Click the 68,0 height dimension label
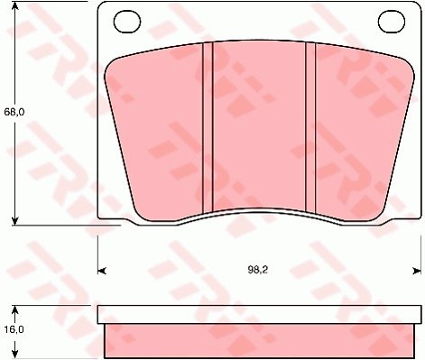[x=14, y=113]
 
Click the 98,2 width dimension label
[x=258, y=270]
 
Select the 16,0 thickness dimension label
[x=14, y=329]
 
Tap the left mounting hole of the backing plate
[x=127, y=22]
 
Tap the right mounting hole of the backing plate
[x=392, y=21]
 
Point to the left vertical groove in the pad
[x=208, y=128]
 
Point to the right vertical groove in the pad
[x=310, y=127]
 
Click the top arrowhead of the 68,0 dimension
[x=14, y=6]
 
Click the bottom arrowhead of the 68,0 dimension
[x=14, y=220]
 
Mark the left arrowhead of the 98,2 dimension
[x=102, y=271]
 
